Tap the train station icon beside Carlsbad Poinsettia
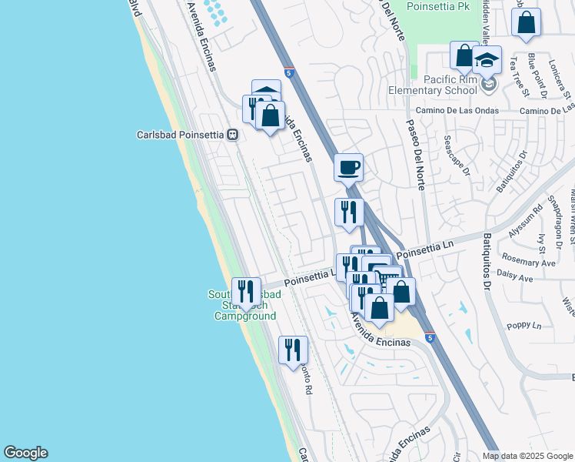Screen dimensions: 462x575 point(231,134)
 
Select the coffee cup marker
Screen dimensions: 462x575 point(348,166)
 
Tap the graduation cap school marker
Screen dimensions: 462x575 point(487,60)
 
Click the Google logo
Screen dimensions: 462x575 point(25,453)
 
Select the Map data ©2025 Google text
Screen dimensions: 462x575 point(527,456)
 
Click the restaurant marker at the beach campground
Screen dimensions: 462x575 point(246,291)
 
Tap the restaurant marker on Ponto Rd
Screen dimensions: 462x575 point(293,350)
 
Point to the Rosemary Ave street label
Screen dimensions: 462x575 point(527,263)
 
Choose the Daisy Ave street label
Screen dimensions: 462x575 point(517,277)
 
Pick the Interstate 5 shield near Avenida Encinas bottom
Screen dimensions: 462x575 point(429,337)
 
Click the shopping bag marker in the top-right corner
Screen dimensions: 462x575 point(526,22)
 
